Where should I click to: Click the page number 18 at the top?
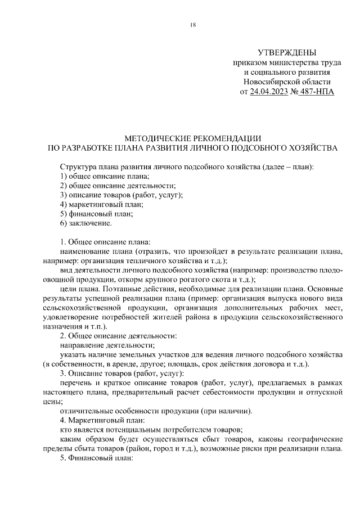coord(193,25)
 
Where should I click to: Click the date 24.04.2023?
coord(272,92)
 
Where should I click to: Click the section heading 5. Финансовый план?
coord(96,459)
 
